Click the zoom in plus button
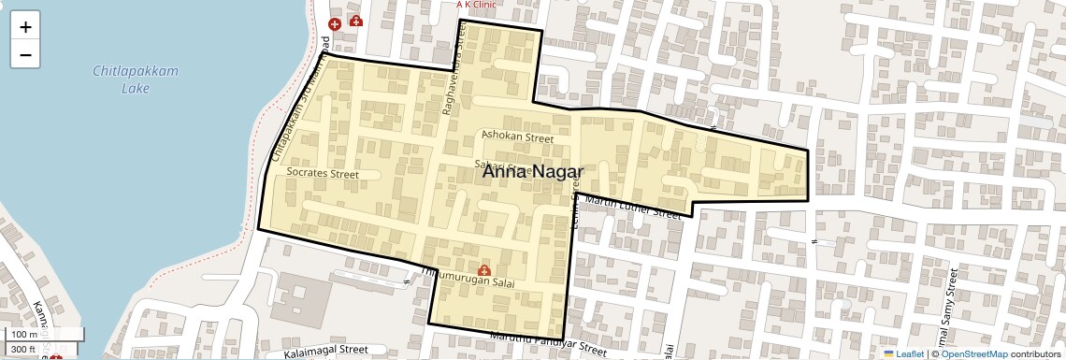[x=25, y=26]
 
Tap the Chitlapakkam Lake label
[x=136, y=79]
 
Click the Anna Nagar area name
[x=532, y=172]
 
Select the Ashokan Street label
[x=517, y=137]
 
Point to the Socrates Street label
[x=324, y=173]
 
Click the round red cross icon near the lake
[x=335, y=23]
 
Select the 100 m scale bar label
[x=25, y=334]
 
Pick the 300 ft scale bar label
[x=23, y=350]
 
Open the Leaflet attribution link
[x=903, y=353]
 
